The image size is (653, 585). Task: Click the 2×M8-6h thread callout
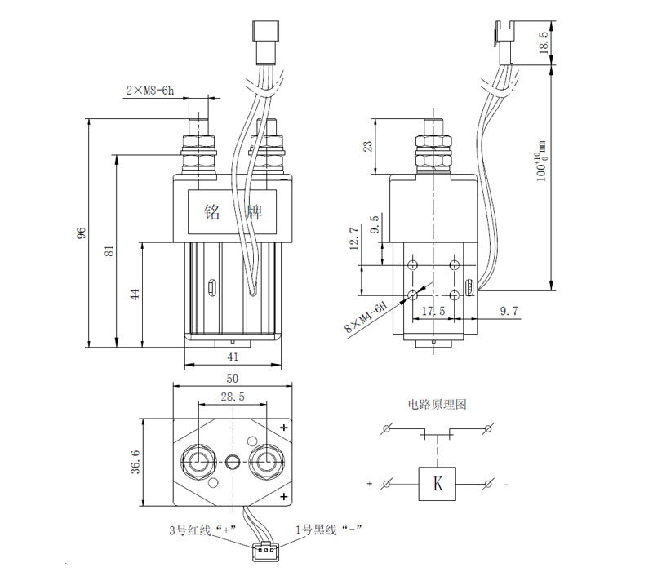point(150,91)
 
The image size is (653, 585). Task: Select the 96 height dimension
point(82,233)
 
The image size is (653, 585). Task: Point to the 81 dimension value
point(109,250)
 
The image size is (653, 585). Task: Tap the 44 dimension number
point(135,294)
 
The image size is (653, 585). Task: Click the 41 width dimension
point(233,357)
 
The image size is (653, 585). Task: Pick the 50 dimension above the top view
point(233,378)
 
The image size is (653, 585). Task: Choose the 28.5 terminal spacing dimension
point(233,397)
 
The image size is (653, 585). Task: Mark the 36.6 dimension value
point(135,461)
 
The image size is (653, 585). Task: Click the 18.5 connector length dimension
point(544,42)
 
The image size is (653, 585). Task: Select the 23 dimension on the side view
point(368,147)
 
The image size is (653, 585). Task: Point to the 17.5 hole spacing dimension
point(433,311)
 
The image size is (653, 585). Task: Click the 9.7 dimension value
point(509,311)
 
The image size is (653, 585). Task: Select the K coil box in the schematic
point(437,483)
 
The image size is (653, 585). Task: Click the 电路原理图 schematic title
point(438,404)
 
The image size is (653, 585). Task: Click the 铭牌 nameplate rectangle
point(232,211)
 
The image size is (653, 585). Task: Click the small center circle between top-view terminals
point(233,462)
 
